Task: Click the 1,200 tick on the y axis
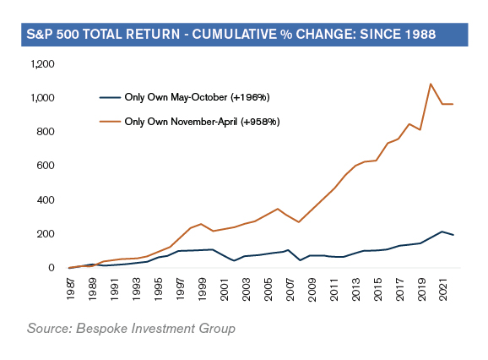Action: [42, 64]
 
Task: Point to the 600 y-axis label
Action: [46, 166]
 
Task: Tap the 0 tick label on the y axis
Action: [52, 268]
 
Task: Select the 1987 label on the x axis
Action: [71, 290]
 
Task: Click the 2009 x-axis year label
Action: [312, 290]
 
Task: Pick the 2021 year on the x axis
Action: [443, 290]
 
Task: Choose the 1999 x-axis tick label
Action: [203, 290]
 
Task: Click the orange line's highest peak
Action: [431, 84]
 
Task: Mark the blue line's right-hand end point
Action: [453, 235]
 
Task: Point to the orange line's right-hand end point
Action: [453, 104]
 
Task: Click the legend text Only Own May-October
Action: [176, 97]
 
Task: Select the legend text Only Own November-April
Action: [181, 122]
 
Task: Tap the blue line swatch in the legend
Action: [110, 98]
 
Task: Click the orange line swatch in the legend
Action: [110, 122]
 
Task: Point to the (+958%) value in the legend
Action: [260, 122]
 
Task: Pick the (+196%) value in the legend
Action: [250, 97]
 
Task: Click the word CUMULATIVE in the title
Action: [234, 35]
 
